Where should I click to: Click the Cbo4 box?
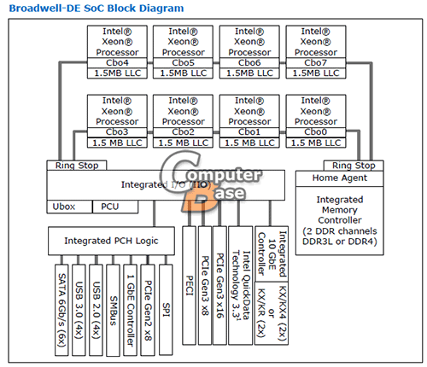[x=117, y=62]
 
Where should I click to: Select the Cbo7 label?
[x=316, y=62]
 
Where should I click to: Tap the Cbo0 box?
[x=316, y=132]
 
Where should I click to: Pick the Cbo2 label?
[x=183, y=132]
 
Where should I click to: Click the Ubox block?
[x=69, y=207]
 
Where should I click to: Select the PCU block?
[x=115, y=207]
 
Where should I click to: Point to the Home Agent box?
[x=339, y=178]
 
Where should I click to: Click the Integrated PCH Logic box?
[x=111, y=241]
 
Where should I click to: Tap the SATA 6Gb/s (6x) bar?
[x=61, y=310]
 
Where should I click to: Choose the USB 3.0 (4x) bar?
[x=79, y=310]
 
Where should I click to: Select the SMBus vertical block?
[x=114, y=310]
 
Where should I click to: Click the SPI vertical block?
[x=166, y=310]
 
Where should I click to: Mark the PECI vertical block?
[x=189, y=285]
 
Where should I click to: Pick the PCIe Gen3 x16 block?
[x=219, y=285]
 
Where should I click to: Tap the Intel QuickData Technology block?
[x=241, y=285]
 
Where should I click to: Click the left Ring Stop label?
[x=77, y=166]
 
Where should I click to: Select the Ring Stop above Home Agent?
[x=354, y=166]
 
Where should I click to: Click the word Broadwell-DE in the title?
[x=45, y=8]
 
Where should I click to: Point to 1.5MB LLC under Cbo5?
[x=183, y=73]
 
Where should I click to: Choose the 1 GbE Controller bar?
[x=131, y=310]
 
